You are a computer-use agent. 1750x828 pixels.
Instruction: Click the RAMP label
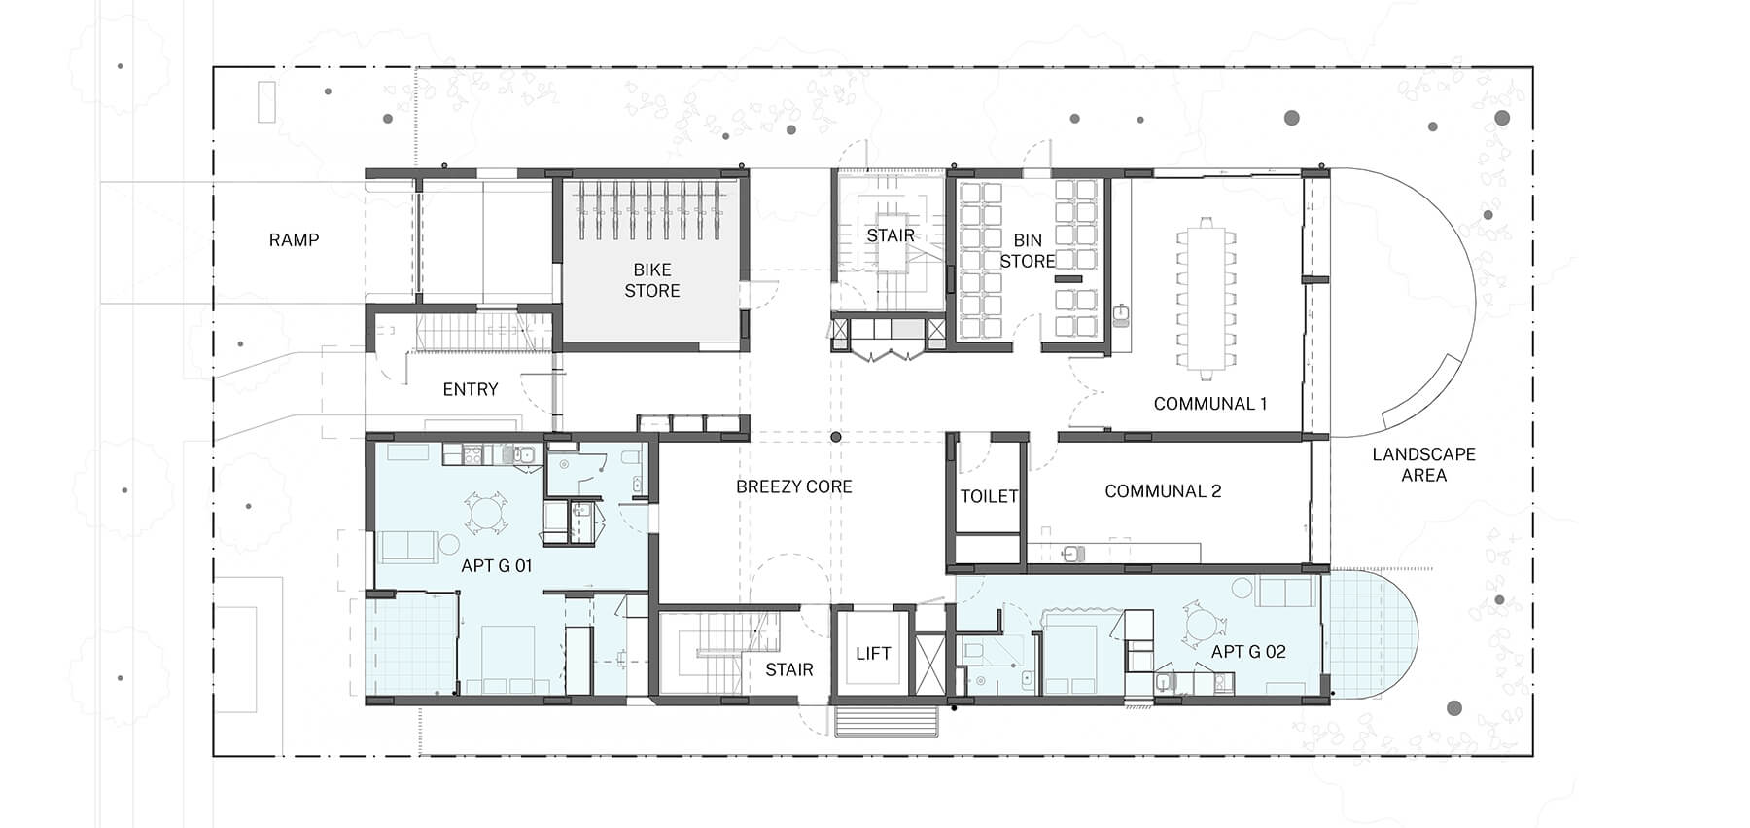[x=294, y=239]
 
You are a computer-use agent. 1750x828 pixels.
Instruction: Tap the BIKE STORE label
[x=651, y=280]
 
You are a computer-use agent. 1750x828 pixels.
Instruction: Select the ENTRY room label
[x=470, y=389]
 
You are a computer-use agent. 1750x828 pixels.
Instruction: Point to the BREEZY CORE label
[x=793, y=486]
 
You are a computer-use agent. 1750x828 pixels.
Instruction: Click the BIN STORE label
[x=1027, y=251]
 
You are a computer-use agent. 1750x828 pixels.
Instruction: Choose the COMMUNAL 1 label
[x=1209, y=404]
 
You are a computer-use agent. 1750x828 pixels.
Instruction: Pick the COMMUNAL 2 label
[x=1163, y=491]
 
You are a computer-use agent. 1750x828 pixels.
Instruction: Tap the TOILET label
[x=989, y=496]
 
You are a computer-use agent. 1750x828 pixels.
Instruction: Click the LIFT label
[x=872, y=654]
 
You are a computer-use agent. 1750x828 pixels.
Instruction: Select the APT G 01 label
[x=496, y=565]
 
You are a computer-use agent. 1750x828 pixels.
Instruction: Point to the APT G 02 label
[x=1248, y=652]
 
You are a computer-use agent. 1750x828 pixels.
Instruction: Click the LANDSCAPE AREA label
[x=1423, y=465]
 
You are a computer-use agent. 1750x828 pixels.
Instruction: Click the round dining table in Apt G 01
[x=484, y=512]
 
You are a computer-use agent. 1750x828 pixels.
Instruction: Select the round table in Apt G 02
[x=1200, y=626]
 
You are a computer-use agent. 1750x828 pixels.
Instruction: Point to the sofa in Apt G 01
[x=408, y=547]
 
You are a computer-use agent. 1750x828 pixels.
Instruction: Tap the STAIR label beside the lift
[x=788, y=669]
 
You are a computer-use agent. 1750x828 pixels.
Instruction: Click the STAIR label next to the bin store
[x=891, y=235]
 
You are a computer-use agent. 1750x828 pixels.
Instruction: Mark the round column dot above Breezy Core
[x=835, y=438]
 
